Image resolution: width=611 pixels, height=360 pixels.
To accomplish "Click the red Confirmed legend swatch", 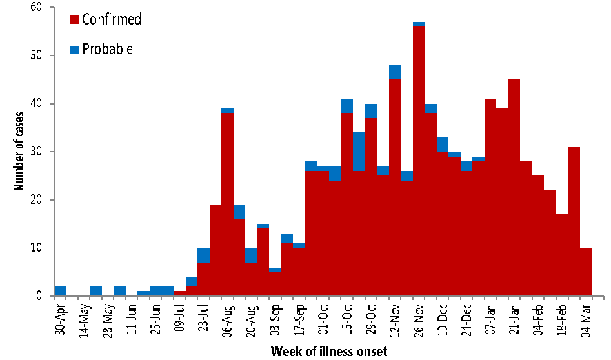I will click(x=75, y=19).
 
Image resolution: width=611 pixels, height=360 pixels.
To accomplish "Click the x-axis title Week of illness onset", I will click(x=329, y=351).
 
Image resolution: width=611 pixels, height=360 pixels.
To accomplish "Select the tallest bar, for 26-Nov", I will click(x=418, y=161).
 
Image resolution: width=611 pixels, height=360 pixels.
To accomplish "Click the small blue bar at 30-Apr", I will click(x=60, y=291).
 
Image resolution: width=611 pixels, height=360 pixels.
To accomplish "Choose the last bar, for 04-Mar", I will click(x=586, y=272).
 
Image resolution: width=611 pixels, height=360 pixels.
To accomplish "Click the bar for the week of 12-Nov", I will click(x=394, y=187).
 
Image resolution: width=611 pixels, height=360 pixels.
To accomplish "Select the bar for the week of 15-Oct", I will click(x=346, y=200).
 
